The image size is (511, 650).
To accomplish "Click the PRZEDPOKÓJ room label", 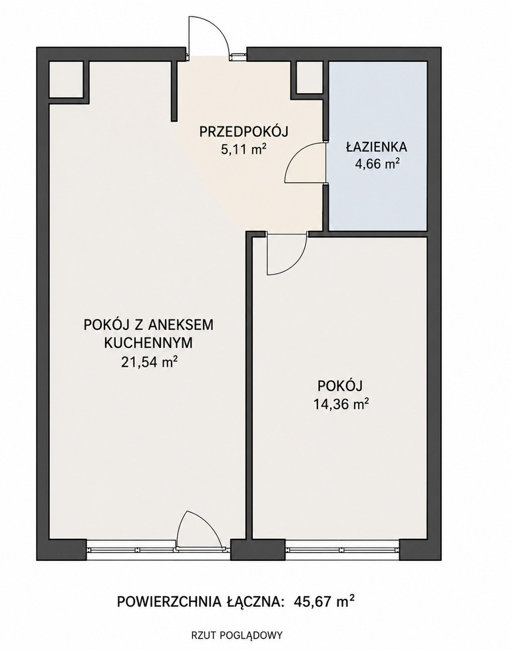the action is point(244,132).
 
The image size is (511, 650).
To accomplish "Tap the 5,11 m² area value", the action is point(244,149).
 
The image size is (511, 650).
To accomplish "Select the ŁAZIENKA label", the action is point(377,147).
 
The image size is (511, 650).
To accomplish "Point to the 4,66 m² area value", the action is point(377,164).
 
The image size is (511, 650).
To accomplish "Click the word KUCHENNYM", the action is point(148,343).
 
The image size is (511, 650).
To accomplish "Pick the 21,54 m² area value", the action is point(149,362).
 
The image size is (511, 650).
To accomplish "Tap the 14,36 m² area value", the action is point(341,403).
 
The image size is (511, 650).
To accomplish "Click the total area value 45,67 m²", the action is point(324,600).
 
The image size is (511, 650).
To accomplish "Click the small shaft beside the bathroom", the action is point(309,77).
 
